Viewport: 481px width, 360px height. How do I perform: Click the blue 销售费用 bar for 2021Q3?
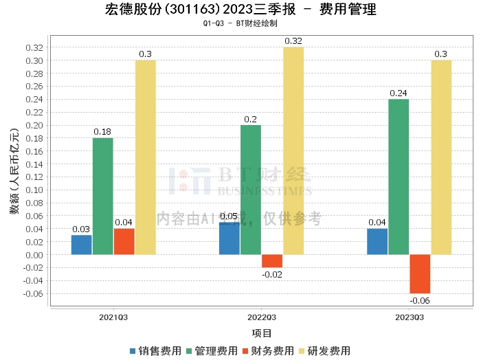point(81,245)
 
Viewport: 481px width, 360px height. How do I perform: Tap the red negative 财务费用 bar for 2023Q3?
point(420,273)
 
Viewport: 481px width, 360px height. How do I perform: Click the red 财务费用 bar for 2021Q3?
point(124,242)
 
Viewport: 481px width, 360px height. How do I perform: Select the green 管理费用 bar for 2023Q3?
point(399,177)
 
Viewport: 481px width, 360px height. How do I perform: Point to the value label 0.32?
point(293,41)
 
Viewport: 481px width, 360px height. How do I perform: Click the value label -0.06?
point(420,300)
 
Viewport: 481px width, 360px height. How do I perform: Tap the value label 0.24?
point(399,93)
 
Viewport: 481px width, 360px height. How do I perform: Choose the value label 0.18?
point(102,132)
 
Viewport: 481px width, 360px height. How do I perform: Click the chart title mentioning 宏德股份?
point(240,10)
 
